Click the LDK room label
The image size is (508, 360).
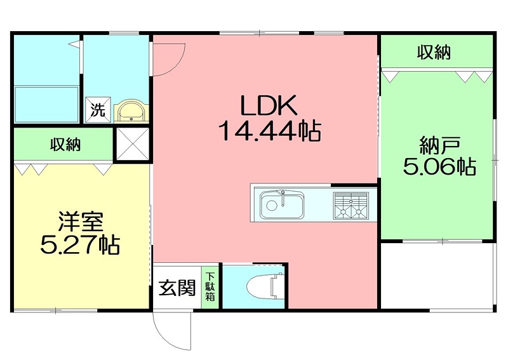(x=269, y=105)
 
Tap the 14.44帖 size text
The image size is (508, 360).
(x=269, y=130)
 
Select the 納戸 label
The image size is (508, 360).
(x=439, y=146)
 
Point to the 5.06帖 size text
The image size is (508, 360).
(x=439, y=166)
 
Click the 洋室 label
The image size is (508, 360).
(x=81, y=222)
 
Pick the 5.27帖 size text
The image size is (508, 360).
(x=80, y=244)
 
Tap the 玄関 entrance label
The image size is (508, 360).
(x=177, y=288)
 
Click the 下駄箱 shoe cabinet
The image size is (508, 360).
(x=210, y=286)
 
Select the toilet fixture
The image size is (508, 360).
(x=265, y=286)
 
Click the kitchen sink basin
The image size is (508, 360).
(x=282, y=205)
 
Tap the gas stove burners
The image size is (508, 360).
(x=351, y=205)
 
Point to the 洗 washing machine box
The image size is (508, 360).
(x=98, y=110)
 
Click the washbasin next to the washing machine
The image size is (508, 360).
(x=131, y=110)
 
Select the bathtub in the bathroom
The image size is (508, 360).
(x=46, y=104)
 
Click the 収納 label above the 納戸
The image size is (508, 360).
(x=434, y=53)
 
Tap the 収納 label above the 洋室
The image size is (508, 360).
(x=65, y=144)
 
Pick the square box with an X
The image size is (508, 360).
(x=133, y=144)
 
